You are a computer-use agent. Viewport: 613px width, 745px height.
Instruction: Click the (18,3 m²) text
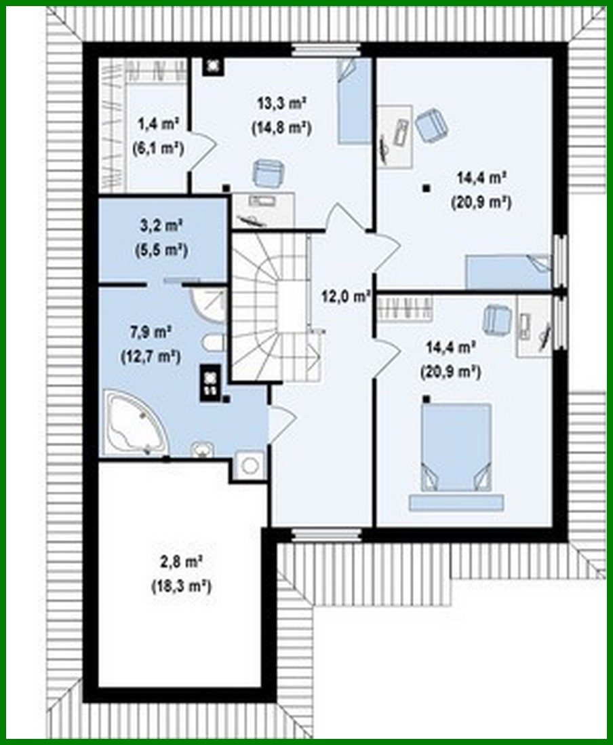pyautogui.click(x=180, y=585)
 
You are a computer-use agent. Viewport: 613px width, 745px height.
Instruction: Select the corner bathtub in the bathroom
pyautogui.click(x=134, y=423)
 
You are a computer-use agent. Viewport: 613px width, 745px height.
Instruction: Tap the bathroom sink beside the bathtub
pyautogui.click(x=202, y=450)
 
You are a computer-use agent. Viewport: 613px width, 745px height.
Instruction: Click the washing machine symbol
pyautogui.click(x=250, y=465)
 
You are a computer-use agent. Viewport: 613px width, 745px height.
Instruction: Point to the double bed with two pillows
pyautogui.click(x=456, y=446)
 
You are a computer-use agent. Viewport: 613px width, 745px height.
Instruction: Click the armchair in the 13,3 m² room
pyautogui.click(x=269, y=174)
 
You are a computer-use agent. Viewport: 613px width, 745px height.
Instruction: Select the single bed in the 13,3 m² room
pyautogui.click(x=355, y=100)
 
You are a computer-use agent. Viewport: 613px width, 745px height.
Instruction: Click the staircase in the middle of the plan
pyautogui.click(x=271, y=305)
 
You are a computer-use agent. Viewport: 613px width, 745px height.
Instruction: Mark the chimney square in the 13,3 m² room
pyautogui.click(x=214, y=65)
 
